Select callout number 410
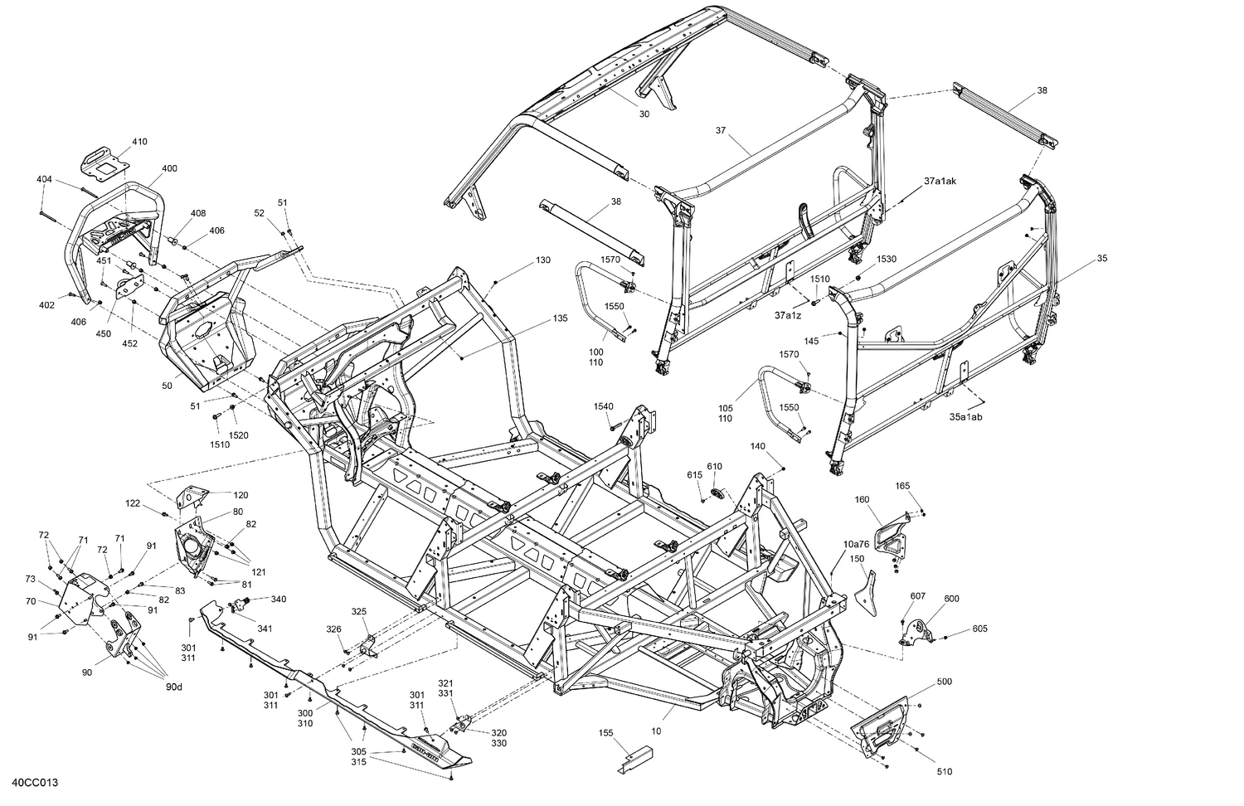click(x=139, y=142)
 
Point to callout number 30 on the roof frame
click(x=644, y=114)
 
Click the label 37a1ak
click(x=940, y=181)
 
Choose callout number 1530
click(x=887, y=260)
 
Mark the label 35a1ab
click(x=965, y=417)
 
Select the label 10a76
click(x=856, y=544)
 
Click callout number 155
click(x=605, y=733)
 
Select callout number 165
click(x=902, y=486)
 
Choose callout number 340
click(x=278, y=599)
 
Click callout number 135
click(x=561, y=318)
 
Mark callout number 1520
click(x=239, y=435)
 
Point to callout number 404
click(x=44, y=179)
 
